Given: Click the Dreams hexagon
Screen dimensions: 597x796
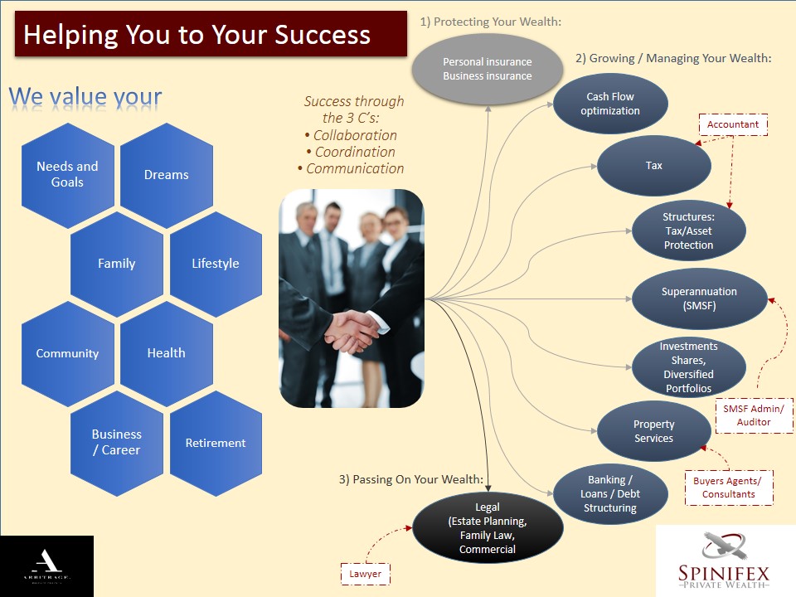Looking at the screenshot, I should pyautogui.click(x=166, y=175).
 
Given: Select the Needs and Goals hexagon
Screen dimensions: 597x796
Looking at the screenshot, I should pyautogui.click(x=67, y=174).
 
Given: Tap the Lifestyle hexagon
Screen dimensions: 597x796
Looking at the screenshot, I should pyautogui.click(x=216, y=264).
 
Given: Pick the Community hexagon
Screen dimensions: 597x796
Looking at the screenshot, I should pyautogui.click(x=67, y=353).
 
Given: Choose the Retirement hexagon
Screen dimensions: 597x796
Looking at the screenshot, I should pyautogui.click(x=216, y=443).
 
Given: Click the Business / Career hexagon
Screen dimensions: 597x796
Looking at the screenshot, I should pyautogui.click(x=116, y=442).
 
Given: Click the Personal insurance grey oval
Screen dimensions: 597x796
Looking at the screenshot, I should pyautogui.click(x=488, y=69).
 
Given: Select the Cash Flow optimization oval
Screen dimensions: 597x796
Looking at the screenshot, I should pyautogui.click(x=610, y=104).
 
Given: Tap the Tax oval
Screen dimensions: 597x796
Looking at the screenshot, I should pyautogui.click(x=654, y=166).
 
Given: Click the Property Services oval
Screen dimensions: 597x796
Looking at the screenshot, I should pyautogui.click(x=654, y=431).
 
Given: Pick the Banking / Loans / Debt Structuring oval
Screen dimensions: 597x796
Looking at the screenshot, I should pyautogui.click(x=610, y=494).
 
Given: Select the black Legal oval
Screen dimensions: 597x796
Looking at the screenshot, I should pyautogui.click(x=488, y=527).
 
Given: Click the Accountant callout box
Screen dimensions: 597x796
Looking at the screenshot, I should pyautogui.click(x=733, y=125).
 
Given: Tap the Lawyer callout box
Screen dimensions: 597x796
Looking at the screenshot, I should pyautogui.click(x=366, y=573).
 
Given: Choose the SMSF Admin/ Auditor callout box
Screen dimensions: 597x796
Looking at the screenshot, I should pyautogui.click(x=754, y=415).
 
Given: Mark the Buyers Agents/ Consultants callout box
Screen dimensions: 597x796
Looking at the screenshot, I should pyautogui.click(x=729, y=488).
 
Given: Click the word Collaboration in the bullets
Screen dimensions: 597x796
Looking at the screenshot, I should pyautogui.click(x=354, y=135).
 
